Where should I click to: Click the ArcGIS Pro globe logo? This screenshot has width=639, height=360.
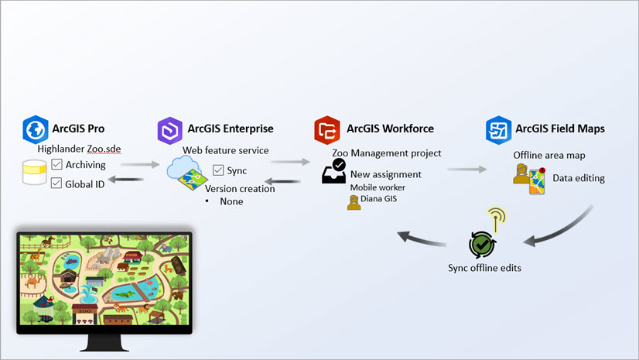[36, 129]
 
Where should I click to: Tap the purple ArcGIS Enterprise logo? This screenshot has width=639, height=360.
[169, 129]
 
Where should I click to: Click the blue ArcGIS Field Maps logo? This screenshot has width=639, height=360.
[497, 129]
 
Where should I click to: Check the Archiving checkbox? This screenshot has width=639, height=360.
[57, 164]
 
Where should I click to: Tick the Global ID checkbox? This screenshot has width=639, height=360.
[57, 183]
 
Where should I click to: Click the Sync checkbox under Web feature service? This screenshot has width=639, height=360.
[218, 170]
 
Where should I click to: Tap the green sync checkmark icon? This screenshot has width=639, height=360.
[481, 245]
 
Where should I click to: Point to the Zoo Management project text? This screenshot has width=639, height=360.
[387, 153]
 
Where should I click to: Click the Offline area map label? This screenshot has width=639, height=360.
[549, 155]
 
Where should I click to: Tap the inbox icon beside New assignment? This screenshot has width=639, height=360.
[334, 171]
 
